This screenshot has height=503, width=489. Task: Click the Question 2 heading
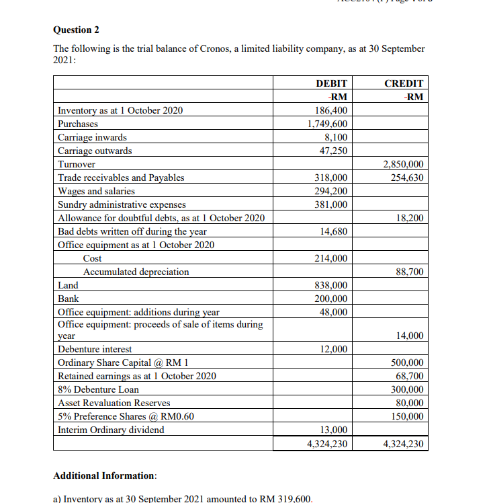pyautogui.click(x=77, y=30)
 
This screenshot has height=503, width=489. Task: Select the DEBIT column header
pyautogui.click(x=331, y=83)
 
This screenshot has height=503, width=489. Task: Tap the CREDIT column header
pyautogui.click(x=404, y=83)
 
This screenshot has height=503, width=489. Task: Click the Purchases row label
pyautogui.click(x=78, y=124)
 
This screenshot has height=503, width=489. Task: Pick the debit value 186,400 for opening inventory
pyautogui.click(x=331, y=110)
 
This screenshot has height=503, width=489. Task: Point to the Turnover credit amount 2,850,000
pyautogui.click(x=403, y=164)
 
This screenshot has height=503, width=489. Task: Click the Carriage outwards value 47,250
pyautogui.click(x=333, y=151)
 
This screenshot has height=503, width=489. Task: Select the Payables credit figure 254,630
pyautogui.click(x=406, y=178)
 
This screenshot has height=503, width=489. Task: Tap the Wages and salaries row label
pyautogui.click(x=97, y=191)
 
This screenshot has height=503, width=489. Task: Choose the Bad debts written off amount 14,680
pyautogui.click(x=333, y=231)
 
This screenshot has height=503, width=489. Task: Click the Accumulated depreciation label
pyautogui.click(x=136, y=272)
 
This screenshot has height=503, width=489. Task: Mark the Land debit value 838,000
pyautogui.click(x=331, y=285)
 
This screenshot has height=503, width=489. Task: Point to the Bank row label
pyautogui.click(x=69, y=299)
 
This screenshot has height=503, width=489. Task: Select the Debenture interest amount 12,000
pyautogui.click(x=333, y=349)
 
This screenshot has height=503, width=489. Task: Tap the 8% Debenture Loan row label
pyautogui.click(x=99, y=389)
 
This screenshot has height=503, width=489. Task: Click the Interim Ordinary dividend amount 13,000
pyautogui.click(x=333, y=430)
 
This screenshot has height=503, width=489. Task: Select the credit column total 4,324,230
pyautogui.click(x=403, y=444)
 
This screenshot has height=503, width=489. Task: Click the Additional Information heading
pyautogui.click(x=105, y=475)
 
